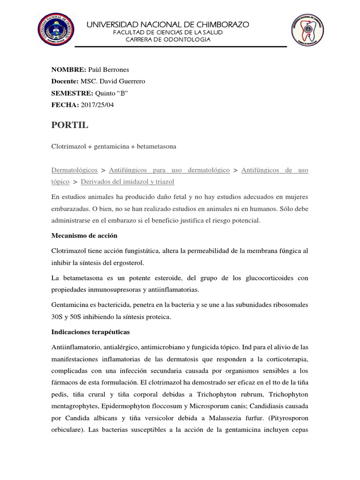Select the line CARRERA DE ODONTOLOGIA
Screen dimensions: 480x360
[169, 39]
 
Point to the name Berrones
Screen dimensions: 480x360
[113, 69]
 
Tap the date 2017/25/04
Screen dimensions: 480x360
[97, 105]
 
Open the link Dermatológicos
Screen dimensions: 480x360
[75, 170]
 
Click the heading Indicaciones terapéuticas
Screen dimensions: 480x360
[91, 331]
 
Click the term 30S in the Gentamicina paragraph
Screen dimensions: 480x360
[58, 316]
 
